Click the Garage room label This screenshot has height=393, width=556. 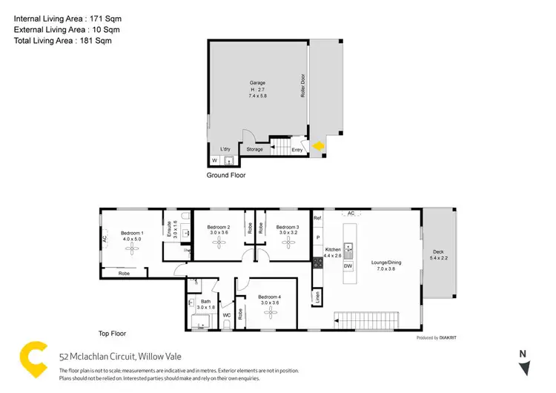click(257, 83)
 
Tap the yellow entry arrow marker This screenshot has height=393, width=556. click(317, 147)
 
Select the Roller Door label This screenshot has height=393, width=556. click(304, 85)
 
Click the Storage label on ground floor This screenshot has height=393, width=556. click(255, 149)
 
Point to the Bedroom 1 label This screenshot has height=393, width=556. click(131, 234)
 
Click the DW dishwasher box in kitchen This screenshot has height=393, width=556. click(348, 265)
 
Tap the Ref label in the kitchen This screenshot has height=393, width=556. click(317, 218)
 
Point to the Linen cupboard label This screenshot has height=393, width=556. click(317, 297)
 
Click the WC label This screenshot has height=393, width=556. click(227, 315)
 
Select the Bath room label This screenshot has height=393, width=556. click(205, 302)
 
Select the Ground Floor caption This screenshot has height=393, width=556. click(225, 176)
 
